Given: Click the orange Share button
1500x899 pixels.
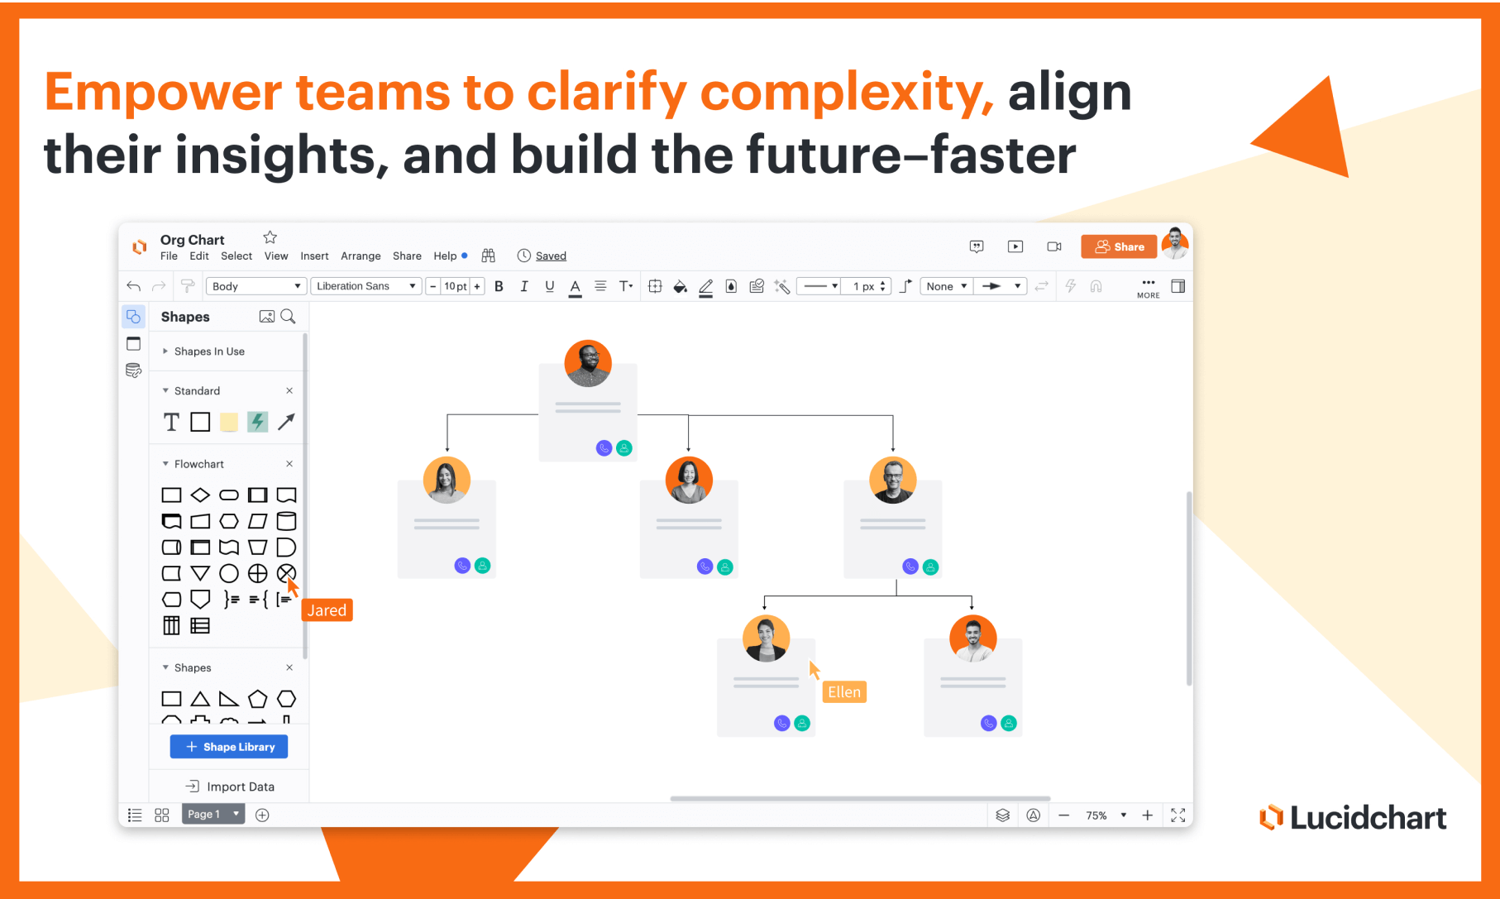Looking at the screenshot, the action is pos(1119,246).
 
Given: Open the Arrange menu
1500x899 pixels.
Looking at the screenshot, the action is pos(361,256).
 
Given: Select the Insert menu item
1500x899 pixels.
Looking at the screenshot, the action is pos(314,256).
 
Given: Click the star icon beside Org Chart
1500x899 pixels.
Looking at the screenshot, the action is pos(270,237).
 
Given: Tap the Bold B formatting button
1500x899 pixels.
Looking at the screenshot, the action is pos(499,286).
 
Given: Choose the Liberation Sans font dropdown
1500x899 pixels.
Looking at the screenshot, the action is pos(366,286).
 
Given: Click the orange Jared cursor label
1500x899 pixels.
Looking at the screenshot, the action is pos(327,610).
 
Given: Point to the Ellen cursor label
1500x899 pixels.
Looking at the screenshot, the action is pos(844,692).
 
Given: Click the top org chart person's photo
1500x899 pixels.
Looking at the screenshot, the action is pos(588,363).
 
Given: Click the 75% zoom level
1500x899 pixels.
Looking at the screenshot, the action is pos(1096,815).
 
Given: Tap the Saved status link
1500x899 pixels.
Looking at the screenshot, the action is pos(551,256).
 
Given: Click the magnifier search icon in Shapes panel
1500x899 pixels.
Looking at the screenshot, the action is pos(288,317).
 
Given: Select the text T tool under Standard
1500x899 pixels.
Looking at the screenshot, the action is pos(171,423).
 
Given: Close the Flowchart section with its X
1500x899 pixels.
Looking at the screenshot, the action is pos(289,464).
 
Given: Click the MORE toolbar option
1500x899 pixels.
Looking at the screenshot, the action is pos(1149,289).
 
